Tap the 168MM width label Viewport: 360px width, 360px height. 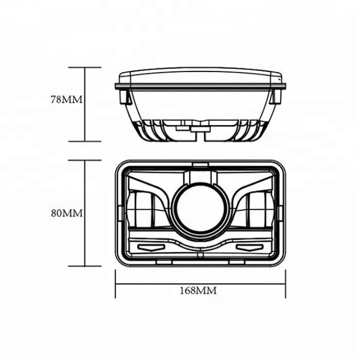coord(197,291)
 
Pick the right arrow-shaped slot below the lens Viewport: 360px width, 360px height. coord(246,247)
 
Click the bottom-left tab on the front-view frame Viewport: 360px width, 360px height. coord(163,262)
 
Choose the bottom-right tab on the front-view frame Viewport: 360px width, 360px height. coord(237,262)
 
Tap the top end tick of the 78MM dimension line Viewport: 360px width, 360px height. coord(85,67)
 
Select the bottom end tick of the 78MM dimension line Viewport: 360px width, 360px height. coord(85,141)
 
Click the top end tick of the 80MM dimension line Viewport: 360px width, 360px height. coord(85,160)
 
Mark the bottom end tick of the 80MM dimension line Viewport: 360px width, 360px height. coord(85,266)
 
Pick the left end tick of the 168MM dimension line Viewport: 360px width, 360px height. coord(115,283)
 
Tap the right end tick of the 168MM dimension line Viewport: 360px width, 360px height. coord(285,283)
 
